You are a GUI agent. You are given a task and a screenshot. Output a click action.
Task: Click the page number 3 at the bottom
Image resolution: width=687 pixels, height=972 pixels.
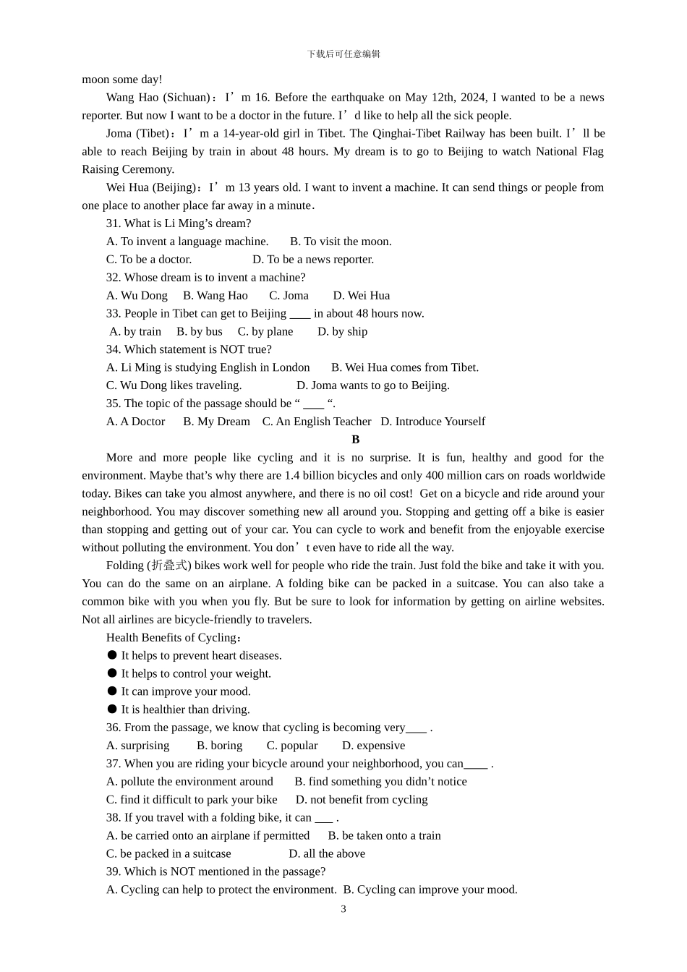pos(343,909)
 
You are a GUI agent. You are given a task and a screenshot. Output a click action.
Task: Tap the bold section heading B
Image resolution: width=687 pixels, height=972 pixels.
pos(355,440)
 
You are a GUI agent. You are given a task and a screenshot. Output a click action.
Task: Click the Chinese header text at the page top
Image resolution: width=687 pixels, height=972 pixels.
pos(343,54)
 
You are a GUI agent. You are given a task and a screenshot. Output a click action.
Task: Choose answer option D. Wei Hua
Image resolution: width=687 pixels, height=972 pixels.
pos(361,296)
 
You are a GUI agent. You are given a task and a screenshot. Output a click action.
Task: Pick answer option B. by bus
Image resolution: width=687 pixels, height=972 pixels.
pos(200,332)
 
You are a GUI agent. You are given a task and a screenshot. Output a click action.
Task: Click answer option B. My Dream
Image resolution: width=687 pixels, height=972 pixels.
pos(216,422)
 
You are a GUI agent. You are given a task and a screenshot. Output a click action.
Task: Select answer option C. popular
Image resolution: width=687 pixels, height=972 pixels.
pos(292,746)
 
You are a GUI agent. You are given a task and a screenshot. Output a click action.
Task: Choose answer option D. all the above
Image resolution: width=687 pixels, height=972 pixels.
pos(327,853)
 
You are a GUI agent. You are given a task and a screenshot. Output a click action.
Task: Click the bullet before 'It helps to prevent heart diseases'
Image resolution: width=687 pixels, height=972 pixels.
pos(112,655)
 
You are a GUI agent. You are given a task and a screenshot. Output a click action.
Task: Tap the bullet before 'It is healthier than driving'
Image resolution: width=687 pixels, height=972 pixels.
pos(112,709)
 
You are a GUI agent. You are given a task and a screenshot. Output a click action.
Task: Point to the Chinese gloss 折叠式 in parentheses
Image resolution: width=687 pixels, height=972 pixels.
pos(169,566)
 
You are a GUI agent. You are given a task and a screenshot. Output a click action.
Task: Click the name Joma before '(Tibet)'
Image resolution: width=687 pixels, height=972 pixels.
pos(119,134)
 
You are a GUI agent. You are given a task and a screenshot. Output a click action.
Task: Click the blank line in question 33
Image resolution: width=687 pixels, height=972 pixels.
pos(300,314)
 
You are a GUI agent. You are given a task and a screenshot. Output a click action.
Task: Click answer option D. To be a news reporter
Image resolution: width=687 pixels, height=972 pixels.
pos(313,260)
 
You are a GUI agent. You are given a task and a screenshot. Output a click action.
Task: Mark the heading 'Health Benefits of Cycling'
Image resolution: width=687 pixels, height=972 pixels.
pos(171,638)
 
